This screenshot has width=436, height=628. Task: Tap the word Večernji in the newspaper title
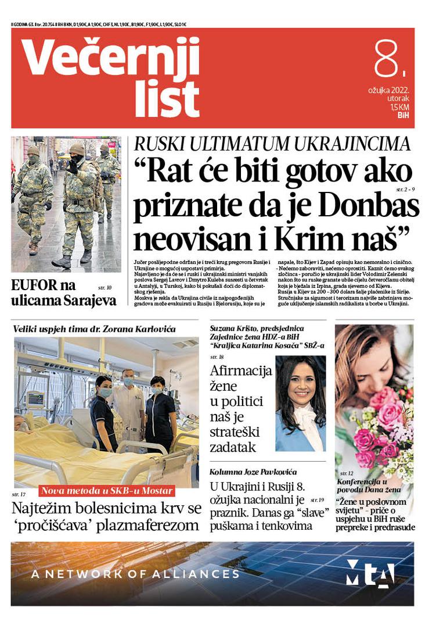coord(111,58)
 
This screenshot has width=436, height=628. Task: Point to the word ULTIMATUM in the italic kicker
coord(242,144)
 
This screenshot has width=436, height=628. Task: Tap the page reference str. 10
coord(105,287)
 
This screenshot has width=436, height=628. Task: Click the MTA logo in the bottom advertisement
coord(370,573)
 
